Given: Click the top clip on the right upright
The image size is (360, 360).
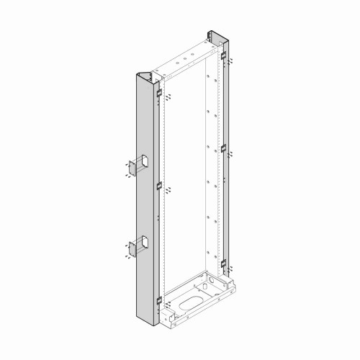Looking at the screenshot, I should coord(224,56).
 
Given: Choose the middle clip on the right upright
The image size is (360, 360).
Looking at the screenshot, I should coord(224,148).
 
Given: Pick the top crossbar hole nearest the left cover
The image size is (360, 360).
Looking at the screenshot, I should coord(173,67).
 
